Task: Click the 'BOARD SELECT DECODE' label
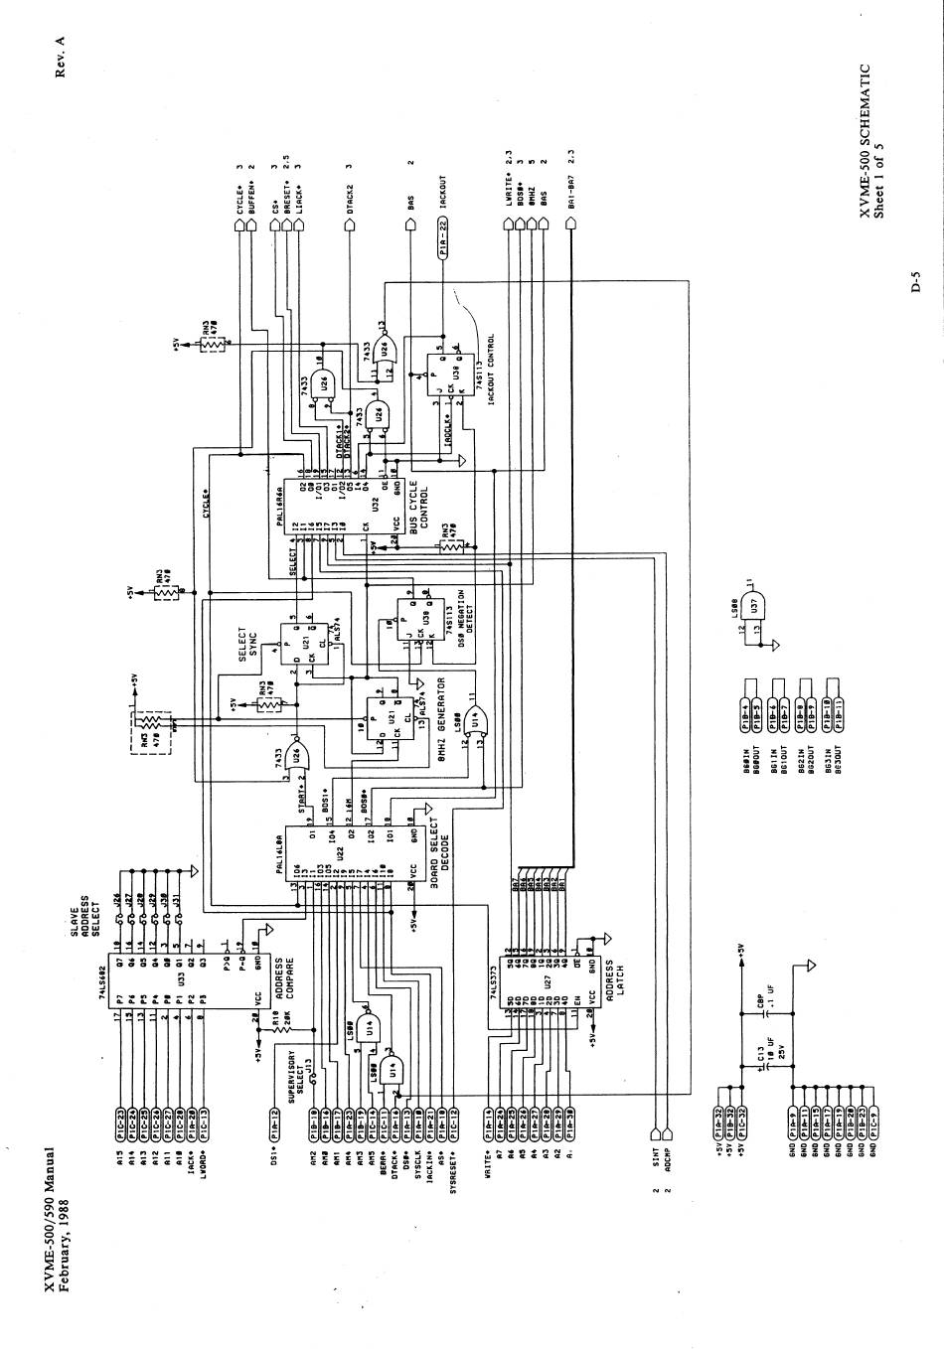pyautogui.click(x=439, y=854)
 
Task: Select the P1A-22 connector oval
pyautogui.click(x=443, y=239)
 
